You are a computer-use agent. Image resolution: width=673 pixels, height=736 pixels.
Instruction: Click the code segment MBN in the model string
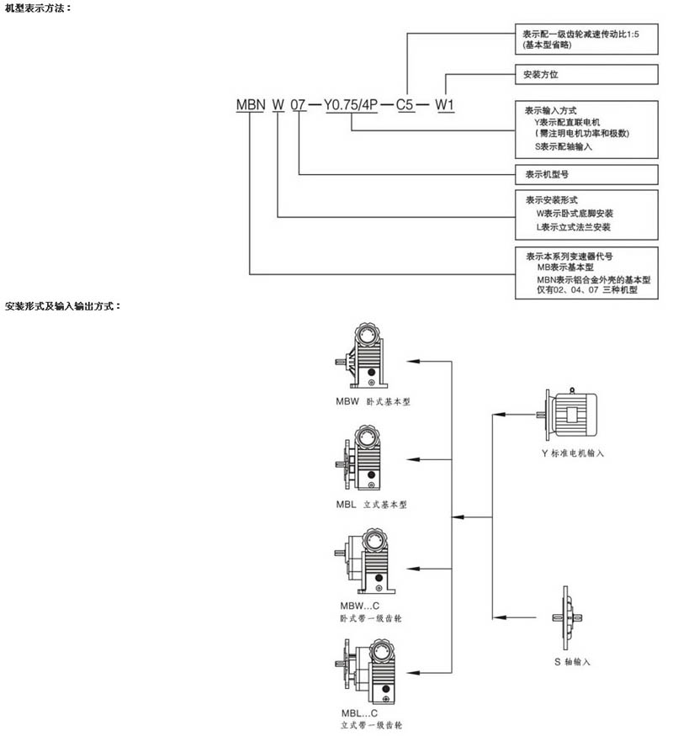click(251, 106)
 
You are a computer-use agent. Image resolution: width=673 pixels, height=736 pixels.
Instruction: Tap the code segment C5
click(405, 106)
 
